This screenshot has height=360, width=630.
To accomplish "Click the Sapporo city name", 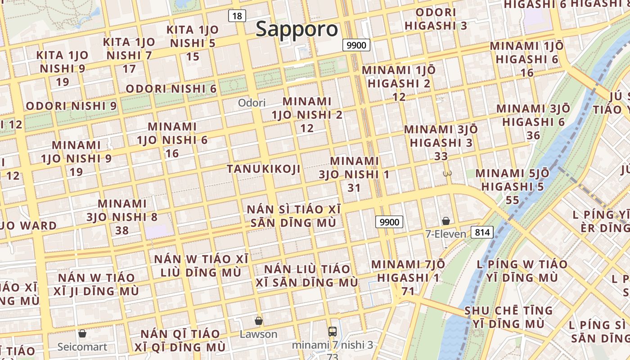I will tap(297, 30).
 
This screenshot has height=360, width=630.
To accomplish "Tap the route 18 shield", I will tap(237, 16).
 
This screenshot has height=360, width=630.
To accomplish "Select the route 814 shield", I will tap(482, 232).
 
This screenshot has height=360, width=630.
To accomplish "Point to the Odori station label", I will tap(252, 103).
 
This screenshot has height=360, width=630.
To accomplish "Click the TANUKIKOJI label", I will tap(263, 169).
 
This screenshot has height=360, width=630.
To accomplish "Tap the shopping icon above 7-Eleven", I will tap(445, 220).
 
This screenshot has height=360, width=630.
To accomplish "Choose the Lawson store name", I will tap(258, 334).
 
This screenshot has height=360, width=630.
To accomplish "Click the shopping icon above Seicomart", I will tap(82, 333).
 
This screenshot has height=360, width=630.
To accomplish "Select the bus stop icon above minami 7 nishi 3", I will tap(333, 332).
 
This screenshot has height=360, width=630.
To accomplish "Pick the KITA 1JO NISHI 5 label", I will tap(193, 43).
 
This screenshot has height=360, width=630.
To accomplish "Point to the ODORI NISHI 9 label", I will tap(71, 106).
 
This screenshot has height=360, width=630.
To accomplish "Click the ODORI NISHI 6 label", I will tap(171, 89).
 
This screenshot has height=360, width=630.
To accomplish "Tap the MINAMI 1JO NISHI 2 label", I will tap(307, 114).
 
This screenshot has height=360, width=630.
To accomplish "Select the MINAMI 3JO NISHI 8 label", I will tap(122, 216).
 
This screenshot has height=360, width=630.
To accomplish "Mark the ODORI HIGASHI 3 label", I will tap(436, 19).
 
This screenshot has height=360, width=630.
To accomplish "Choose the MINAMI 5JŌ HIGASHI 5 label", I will tap(512, 186).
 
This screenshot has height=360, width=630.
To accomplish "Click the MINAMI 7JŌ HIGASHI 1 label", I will tap(408, 277).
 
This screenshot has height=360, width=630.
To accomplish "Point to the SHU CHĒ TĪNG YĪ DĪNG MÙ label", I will tap(508, 317).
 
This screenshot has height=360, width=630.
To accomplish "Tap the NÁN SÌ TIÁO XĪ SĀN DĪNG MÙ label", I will tap(293, 216).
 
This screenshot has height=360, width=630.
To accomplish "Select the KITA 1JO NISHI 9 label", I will tap(63, 68).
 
